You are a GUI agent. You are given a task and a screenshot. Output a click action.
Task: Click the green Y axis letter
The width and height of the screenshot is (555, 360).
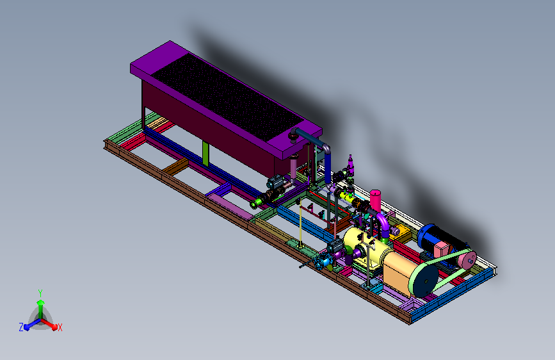40,293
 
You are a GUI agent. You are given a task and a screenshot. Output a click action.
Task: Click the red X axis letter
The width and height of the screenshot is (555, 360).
60,327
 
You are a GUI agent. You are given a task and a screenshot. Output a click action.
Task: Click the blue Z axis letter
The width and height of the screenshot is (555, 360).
21,327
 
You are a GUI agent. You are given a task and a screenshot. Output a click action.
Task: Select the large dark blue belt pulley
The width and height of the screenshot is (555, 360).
425,281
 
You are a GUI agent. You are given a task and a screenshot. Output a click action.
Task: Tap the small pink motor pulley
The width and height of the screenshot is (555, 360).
467,259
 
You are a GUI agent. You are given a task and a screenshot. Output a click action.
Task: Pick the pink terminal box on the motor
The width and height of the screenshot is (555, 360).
440,249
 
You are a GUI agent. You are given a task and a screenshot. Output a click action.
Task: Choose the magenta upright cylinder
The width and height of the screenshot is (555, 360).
375,201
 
